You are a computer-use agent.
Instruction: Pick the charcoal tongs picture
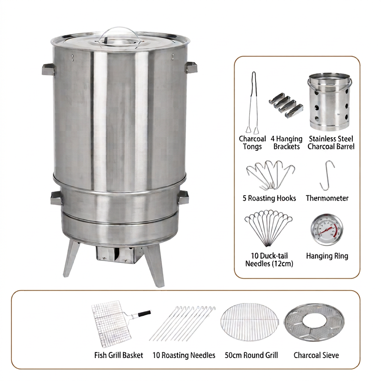[x=253, y=103]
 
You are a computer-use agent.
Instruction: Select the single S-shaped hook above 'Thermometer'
[x=327, y=175]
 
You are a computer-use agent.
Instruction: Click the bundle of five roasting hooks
[x=270, y=175]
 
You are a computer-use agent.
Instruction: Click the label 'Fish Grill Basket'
[x=119, y=355]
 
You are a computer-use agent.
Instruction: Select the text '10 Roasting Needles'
[x=184, y=355]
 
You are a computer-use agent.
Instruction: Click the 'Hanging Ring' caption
[x=327, y=256]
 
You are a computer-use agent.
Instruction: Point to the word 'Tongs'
[x=252, y=147]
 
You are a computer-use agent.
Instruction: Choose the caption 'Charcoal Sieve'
[x=316, y=355]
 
